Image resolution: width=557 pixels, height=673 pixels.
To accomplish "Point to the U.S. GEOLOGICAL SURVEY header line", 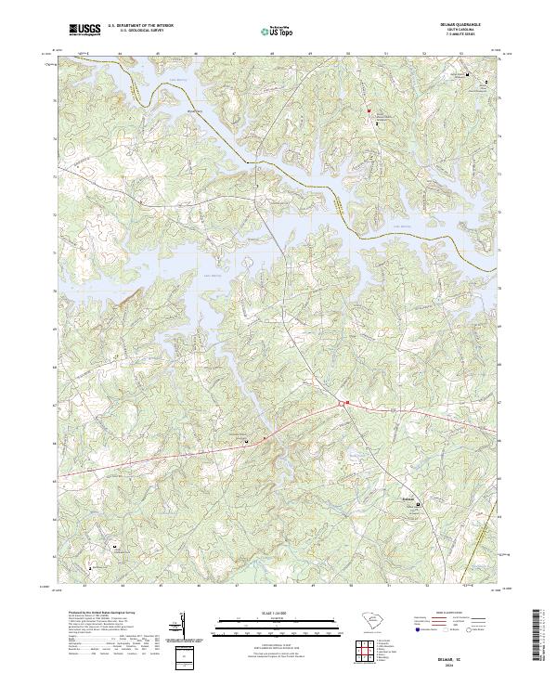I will (x=140, y=32).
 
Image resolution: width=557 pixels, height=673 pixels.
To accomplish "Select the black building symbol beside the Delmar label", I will (x=417, y=505).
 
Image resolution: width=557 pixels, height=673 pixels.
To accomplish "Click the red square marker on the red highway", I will (x=346, y=403).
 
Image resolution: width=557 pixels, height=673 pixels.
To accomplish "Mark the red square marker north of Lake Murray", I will (x=369, y=110).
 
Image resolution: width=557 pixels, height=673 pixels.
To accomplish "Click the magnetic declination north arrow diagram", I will (x=183, y=628).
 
